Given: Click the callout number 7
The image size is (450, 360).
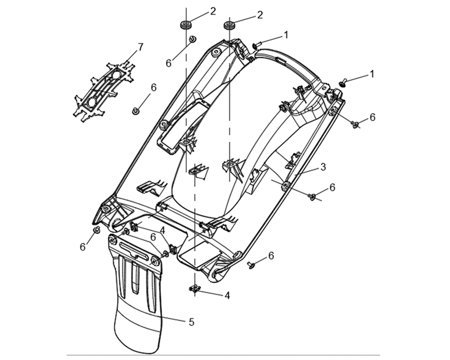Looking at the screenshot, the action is click(x=140, y=47).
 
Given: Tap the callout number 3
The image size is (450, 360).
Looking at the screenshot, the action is click(x=323, y=166).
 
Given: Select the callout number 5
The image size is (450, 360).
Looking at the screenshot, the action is click(x=191, y=322).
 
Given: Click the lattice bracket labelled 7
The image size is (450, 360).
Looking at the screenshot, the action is click(x=104, y=91).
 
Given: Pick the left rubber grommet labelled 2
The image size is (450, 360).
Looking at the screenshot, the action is click(x=186, y=24).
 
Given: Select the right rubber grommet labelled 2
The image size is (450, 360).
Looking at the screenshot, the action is click(x=229, y=25).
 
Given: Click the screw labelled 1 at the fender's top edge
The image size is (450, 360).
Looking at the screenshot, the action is click(x=258, y=45).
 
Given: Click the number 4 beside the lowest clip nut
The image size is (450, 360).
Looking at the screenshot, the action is click(x=227, y=295).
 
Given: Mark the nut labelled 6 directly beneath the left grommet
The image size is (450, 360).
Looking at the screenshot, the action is click(x=192, y=39).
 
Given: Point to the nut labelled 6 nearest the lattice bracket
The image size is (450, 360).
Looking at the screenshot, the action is click(x=135, y=111).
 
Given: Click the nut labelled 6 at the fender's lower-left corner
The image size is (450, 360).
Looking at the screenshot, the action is click(x=97, y=229).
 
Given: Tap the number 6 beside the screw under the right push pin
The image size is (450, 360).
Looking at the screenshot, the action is click(x=372, y=117).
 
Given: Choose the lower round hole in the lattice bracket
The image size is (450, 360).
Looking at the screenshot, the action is click(x=92, y=102).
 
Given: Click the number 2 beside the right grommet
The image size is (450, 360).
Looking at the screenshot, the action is click(x=260, y=15).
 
